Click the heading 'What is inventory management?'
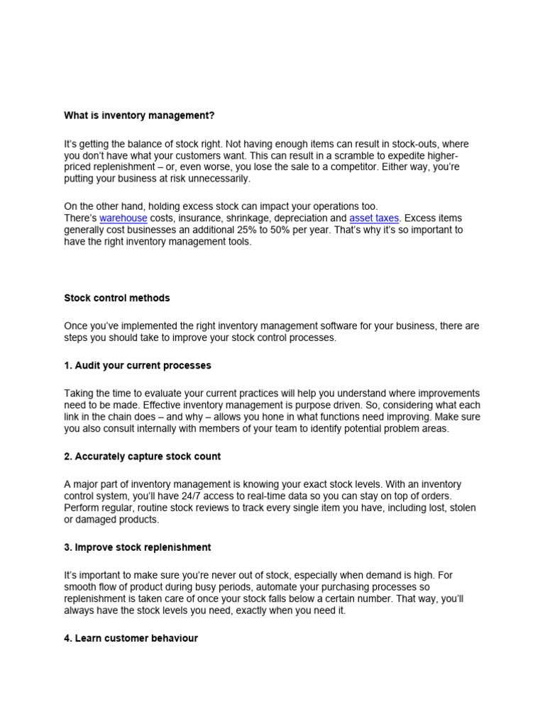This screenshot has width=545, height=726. (x=139, y=114)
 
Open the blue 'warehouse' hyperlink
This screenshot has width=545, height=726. (x=123, y=218)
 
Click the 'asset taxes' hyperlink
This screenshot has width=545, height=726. (x=374, y=218)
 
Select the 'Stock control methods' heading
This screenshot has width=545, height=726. (x=117, y=298)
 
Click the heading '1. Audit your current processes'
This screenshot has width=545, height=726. (x=138, y=366)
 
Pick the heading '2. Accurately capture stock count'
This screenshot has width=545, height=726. (x=143, y=457)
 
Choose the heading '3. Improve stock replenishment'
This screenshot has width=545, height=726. (x=138, y=547)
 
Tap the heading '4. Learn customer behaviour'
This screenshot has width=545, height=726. (x=131, y=638)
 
